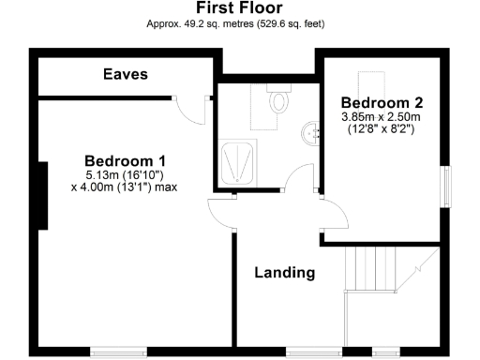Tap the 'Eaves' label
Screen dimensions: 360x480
125,73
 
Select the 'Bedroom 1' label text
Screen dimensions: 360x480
118,159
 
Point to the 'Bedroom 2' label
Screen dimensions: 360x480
376,101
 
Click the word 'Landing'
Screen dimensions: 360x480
285,273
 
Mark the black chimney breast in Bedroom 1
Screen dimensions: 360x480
41,195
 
